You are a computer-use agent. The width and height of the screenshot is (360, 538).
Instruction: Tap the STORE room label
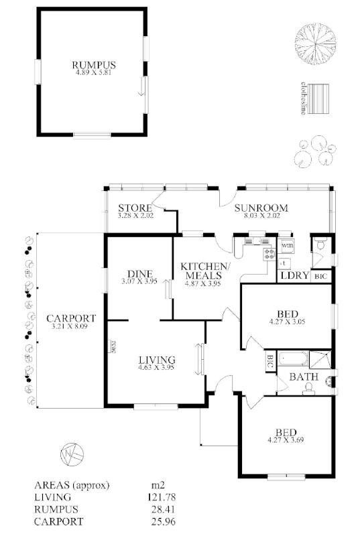coord(131,208)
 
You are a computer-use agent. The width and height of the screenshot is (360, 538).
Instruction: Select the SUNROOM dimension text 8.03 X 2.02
coord(260,216)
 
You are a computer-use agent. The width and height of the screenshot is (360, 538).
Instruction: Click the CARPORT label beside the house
coord(70,318)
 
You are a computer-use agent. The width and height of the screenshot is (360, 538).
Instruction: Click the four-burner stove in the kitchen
coord(270,253)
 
